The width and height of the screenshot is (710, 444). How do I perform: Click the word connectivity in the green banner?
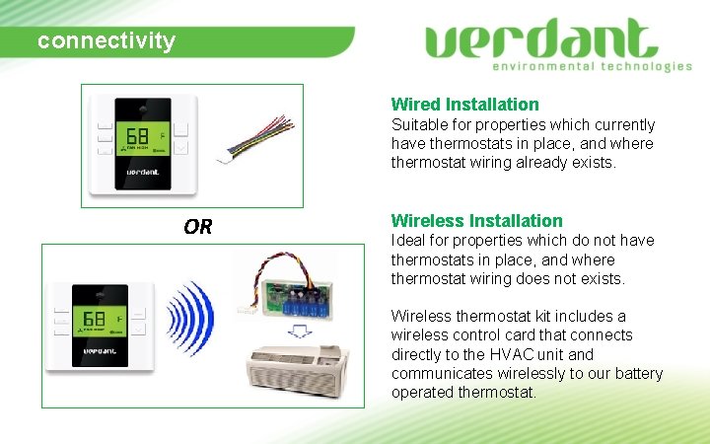(106, 41)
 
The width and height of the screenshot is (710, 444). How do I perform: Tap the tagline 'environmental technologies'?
(592, 66)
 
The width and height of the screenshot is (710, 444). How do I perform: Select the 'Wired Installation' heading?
(464, 104)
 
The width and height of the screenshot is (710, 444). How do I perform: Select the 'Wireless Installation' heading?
(476, 220)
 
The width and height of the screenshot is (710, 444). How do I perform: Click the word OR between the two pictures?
(197, 227)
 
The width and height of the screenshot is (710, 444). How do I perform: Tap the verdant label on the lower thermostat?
(102, 350)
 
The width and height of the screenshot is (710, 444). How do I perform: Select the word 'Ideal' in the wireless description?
(407, 240)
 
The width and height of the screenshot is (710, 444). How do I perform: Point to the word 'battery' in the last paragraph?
(636, 373)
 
